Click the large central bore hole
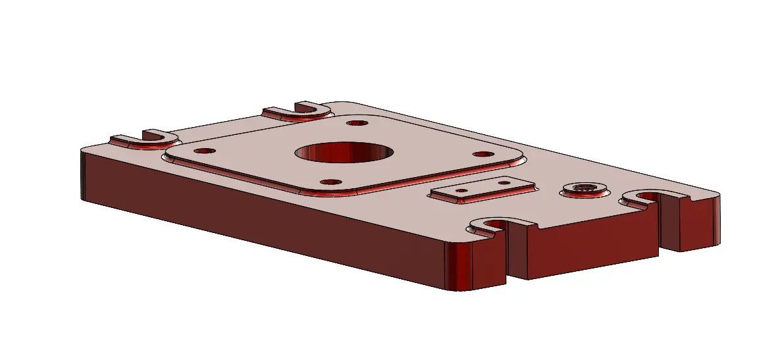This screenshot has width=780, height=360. coord(344,152)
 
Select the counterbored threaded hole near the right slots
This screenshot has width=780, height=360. coord(584,188)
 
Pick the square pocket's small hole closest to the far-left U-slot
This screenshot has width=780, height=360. coord(205,150)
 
